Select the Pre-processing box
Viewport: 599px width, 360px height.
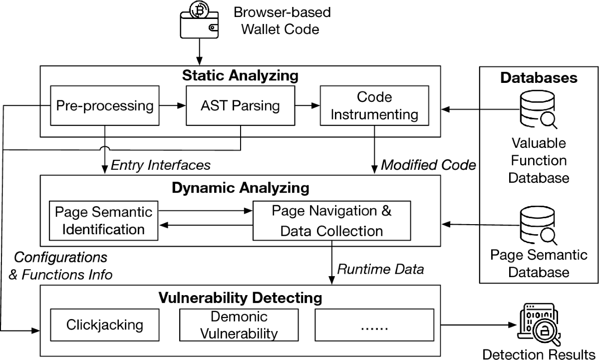104,105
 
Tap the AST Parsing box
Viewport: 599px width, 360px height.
240,105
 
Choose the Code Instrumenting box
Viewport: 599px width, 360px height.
374,105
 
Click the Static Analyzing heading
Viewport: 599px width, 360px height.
240,76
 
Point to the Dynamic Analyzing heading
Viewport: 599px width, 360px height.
240,188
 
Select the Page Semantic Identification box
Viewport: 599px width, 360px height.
103,220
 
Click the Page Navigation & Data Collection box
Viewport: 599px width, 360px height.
331,220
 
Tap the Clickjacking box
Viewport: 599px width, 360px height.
104,325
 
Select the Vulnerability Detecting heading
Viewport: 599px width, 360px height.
240,298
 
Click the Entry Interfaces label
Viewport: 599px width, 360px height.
160,164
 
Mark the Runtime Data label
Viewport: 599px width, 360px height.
380,269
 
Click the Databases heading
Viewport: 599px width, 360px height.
539,78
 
